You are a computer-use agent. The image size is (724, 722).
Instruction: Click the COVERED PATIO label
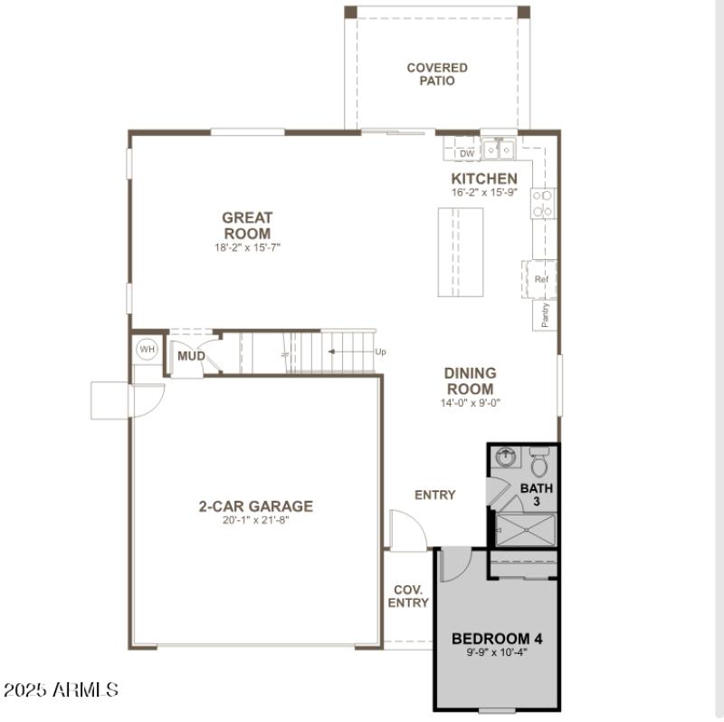437,74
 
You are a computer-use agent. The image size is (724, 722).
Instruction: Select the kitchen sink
499,148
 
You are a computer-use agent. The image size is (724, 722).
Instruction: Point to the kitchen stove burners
543,203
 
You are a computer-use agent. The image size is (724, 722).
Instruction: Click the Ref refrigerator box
541,279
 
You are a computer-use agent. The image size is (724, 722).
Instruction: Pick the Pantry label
545,314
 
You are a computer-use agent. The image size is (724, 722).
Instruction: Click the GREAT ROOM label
247,225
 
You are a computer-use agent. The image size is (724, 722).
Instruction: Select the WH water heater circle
147,349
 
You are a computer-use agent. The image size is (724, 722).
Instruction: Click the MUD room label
191,356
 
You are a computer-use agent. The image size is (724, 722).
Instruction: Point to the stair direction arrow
348,351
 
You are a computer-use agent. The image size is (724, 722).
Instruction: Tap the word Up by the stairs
380,352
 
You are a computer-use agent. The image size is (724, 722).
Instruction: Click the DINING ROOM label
470,380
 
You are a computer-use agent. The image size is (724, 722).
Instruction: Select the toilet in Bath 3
540,464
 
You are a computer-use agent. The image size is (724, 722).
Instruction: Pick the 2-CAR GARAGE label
256,506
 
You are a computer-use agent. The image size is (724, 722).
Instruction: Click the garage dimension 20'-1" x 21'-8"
256,521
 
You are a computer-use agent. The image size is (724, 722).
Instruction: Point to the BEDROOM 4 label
497,639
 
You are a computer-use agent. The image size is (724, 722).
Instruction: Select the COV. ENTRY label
408,596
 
